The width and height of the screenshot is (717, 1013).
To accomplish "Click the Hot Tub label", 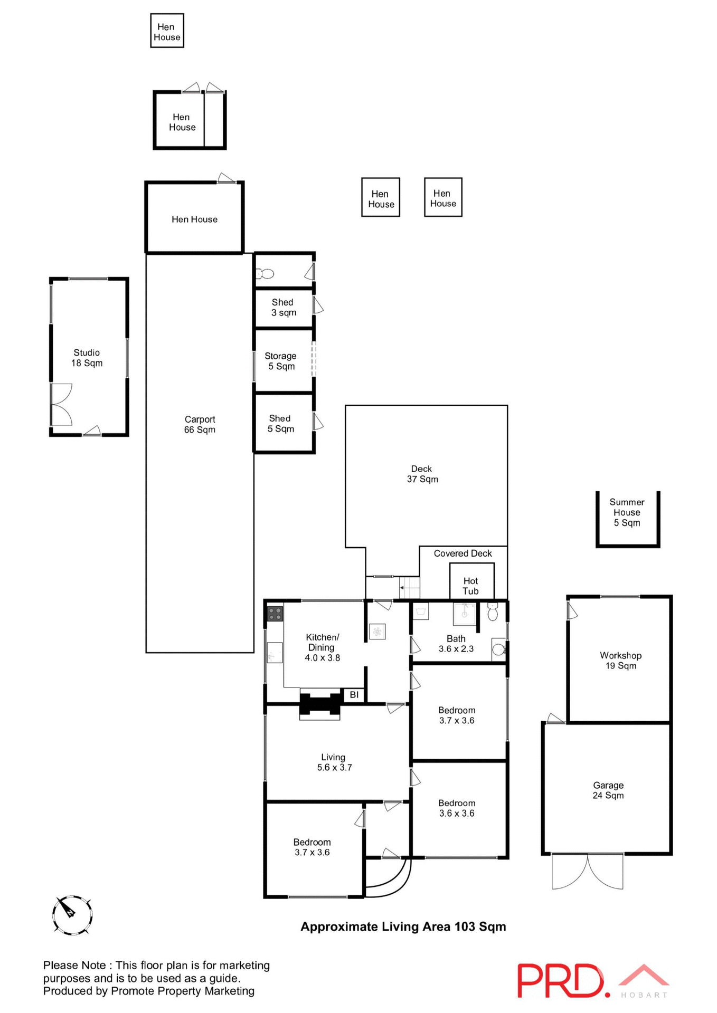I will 470,586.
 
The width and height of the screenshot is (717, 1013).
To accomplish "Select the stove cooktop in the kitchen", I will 275,614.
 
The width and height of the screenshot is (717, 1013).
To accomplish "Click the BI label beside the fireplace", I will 354,695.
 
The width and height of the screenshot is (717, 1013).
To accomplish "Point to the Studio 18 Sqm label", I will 87,358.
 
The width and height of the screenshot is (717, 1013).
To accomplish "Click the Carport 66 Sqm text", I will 200,424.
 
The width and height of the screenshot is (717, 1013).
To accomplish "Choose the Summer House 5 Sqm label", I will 627,512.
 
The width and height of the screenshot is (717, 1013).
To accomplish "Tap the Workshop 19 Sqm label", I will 620,661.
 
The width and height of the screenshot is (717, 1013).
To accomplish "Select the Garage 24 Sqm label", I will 608,790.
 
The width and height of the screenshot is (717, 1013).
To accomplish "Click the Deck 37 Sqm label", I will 422,474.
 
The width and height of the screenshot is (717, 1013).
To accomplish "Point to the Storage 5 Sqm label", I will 281,361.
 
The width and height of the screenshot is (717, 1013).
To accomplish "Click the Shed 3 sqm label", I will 283,307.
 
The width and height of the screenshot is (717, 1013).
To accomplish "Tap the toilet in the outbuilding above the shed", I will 265,273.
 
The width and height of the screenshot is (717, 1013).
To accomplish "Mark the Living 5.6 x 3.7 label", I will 334,762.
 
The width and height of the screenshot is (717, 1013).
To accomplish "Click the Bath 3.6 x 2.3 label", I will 456,644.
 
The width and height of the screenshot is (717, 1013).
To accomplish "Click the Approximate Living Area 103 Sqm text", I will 403,927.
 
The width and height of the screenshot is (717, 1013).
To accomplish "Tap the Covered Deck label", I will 463,553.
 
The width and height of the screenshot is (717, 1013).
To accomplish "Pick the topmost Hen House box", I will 167,31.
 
